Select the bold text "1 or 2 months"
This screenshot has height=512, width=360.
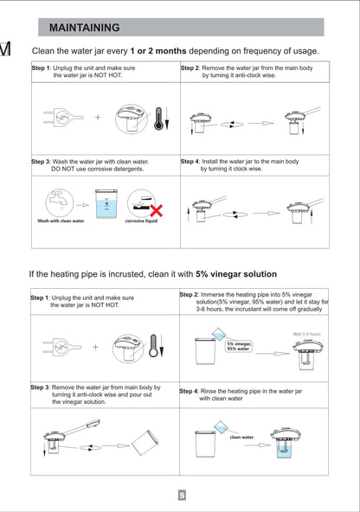pyautogui.click(x=157, y=51)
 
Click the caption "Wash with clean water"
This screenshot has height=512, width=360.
pyautogui.click(x=61, y=221)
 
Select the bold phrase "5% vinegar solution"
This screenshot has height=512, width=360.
pyautogui.click(x=236, y=274)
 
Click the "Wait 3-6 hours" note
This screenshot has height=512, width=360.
pyautogui.click(x=303, y=333)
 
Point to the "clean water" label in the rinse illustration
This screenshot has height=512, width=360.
pyautogui.click(x=241, y=438)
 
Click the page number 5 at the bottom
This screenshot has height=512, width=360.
pyautogui.click(x=182, y=496)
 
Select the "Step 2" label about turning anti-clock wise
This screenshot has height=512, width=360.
pyautogui.click(x=190, y=67)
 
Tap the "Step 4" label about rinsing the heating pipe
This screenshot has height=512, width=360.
pyautogui.click(x=190, y=391)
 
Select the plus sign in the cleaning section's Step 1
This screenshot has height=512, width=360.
pyautogui.click(x=97, y=117)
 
